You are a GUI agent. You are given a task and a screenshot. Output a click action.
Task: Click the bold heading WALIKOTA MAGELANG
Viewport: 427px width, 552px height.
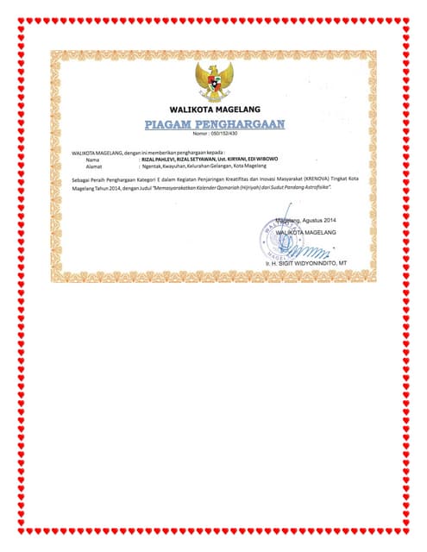[x=213, y=110]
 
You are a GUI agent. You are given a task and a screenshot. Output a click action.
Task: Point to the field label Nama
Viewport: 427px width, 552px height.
[x=92, y=160]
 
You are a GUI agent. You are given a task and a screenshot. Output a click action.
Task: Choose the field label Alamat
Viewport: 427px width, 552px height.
[x=94, y=167]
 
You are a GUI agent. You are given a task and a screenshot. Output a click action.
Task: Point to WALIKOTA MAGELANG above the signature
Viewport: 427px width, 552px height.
[x=305, y=233]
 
